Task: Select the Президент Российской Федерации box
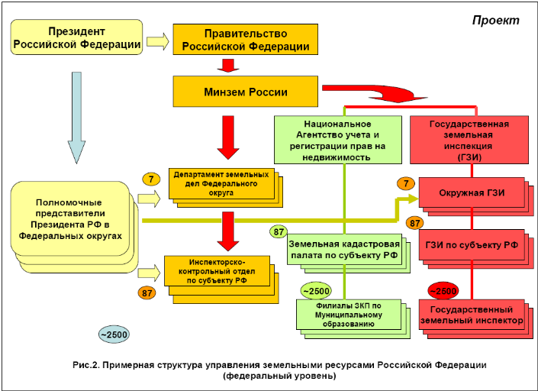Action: pyautogui.click(x=77, y=39)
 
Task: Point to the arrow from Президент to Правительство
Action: pyautogui.click(x=158, y=40)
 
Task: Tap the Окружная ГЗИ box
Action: pyautogui.click(x=471, y=193)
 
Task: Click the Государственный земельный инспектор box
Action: pyautogui.click(x=472, y=315)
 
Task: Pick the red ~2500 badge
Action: pyautogui.click(x=443, y=291)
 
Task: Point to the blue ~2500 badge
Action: pyautogui.click(x=113, y=334)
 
